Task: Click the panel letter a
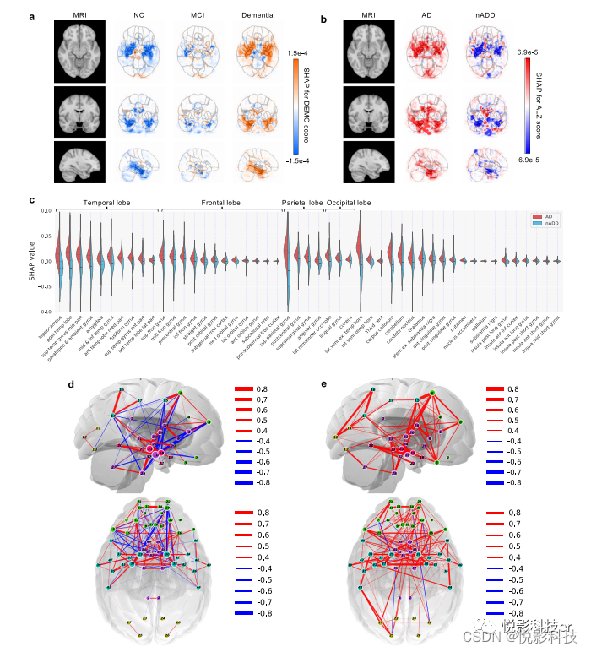click(x=31, y=16)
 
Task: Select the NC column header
click(x=138, y=16)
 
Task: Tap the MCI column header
click(x=199, y=16)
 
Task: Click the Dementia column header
click(x=260, y=16)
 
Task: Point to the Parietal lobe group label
click(x=302, y=203)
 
